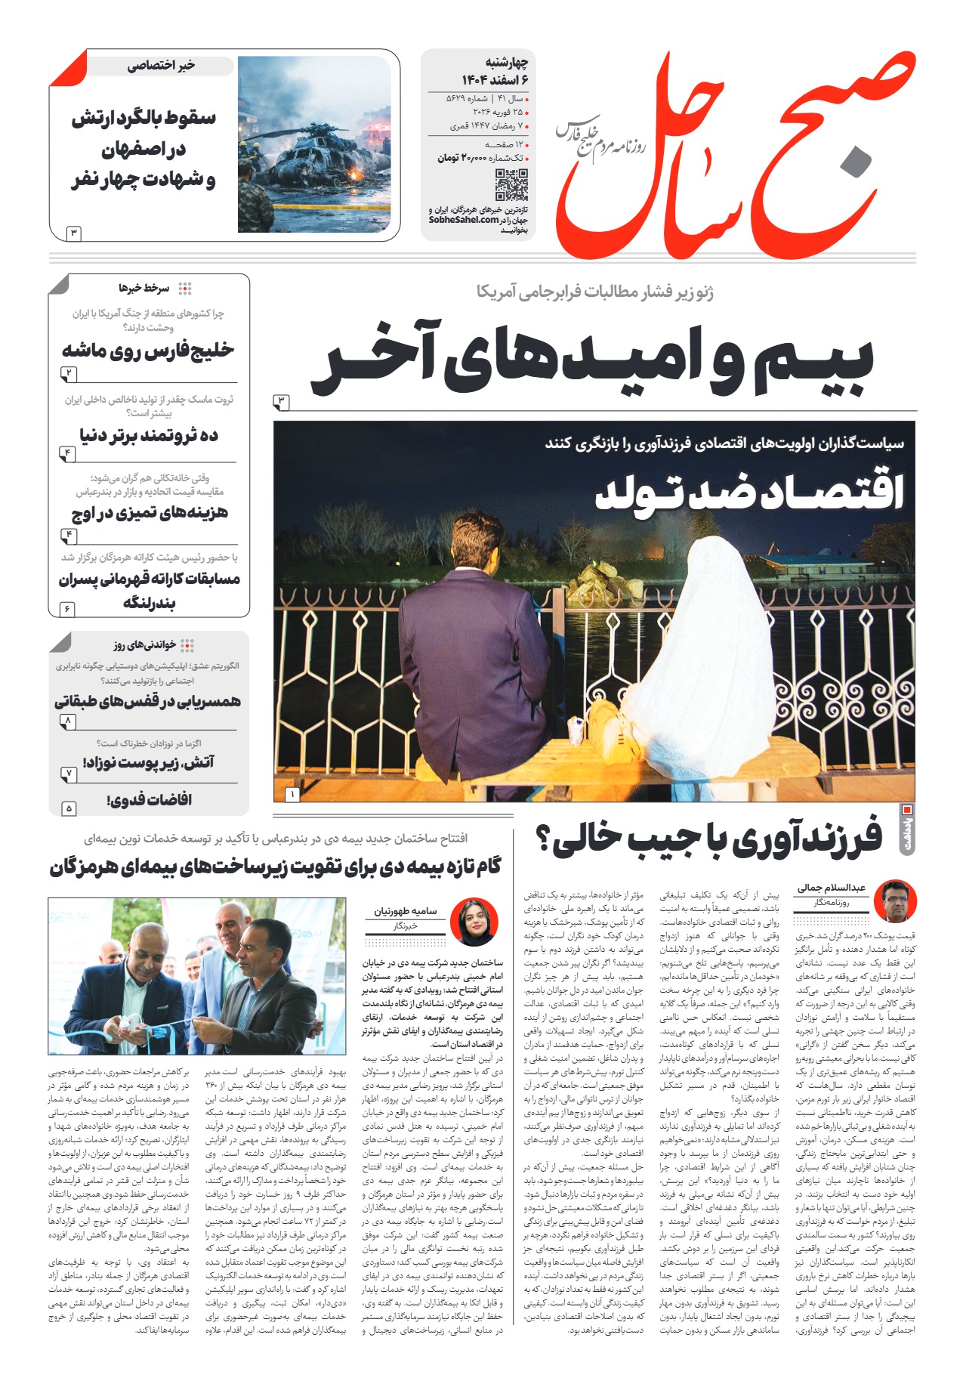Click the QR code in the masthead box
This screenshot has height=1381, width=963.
[x=511, y=185]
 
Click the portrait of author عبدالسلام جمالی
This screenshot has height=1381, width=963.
[x=895, y=901]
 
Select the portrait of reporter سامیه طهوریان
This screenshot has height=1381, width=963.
[x=474, y=922]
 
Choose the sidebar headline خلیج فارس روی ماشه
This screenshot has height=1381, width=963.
[x=148, y=350]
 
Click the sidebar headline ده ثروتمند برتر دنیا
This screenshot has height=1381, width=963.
[x=149, y=435]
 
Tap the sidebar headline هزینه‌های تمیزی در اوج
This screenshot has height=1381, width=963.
[x=150, y=514]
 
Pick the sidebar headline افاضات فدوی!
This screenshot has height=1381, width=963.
[x=149, y=799]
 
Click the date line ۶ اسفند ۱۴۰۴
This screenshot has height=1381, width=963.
[x=494, y=79]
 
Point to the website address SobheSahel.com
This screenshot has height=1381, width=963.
[x=464, y=220]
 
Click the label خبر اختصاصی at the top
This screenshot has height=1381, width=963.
[x=161, y=66]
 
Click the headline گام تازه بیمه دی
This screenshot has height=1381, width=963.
[x=276, y=867]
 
